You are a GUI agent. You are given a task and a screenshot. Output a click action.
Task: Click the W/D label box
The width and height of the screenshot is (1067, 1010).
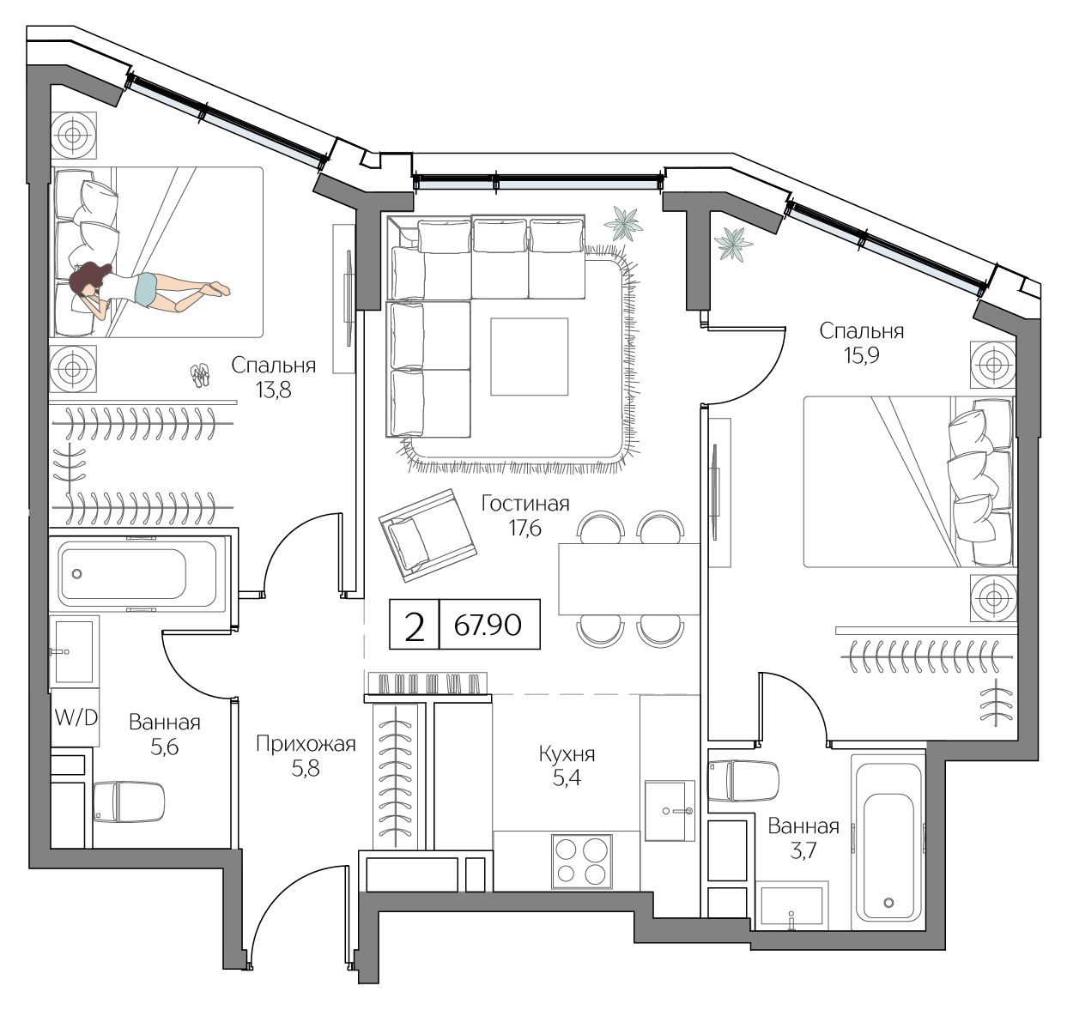[76, 717]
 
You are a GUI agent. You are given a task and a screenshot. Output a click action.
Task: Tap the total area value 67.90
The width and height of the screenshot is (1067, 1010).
[488, 624]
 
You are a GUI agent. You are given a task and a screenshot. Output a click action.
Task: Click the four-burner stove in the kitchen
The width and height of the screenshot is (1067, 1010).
[582, 861]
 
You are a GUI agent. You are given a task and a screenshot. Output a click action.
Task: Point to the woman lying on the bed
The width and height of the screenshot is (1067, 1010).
[146, 287]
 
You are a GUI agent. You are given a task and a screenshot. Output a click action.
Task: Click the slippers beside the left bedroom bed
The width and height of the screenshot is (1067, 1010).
[200, 375]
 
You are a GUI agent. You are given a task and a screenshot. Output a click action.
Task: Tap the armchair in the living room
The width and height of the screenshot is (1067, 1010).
[427, 532]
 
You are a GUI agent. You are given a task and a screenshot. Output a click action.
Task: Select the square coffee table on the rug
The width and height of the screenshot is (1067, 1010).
[529, 356]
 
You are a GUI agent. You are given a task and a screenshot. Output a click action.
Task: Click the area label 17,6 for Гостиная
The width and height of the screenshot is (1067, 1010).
[524, 528]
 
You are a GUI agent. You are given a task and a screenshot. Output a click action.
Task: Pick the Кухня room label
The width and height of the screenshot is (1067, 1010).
[567, 754]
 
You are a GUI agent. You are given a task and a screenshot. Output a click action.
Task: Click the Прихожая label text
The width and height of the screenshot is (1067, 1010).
[306, 744]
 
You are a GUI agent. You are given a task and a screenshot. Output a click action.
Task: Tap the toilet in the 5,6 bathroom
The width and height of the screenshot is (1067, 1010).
[129, 801]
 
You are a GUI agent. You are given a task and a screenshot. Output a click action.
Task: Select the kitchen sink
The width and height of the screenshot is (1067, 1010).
[669, 810]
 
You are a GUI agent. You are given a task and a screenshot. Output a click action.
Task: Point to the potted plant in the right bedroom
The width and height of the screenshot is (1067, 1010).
[733, 243]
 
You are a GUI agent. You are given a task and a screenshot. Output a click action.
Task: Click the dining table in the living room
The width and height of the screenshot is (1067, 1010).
[628, 578]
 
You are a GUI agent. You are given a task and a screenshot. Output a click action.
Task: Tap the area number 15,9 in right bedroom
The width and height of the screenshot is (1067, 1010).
[861, 355]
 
